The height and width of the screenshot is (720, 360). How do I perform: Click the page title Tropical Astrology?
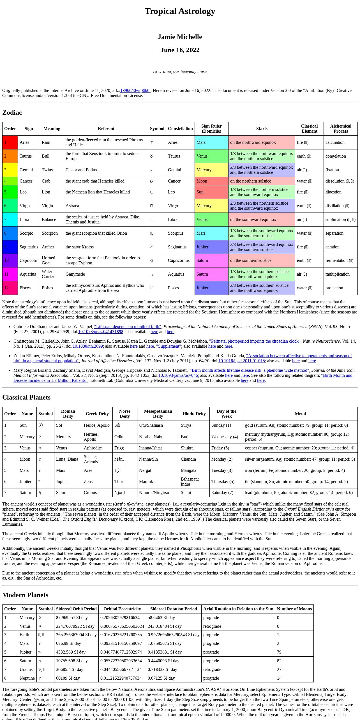coord(180,11)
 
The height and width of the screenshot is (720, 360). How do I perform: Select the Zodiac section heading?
coord(12,112)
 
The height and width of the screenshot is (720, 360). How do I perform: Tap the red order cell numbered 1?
coord(10,142)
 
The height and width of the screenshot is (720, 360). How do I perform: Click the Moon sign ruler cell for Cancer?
coord(211,181)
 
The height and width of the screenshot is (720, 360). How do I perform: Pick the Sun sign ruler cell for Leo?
coord(211,192)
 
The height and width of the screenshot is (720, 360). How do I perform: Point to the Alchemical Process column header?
coord(340,129)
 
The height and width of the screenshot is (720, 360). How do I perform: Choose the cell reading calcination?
coord(335,142)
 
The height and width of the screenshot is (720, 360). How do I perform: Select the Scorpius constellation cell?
coord(176,233)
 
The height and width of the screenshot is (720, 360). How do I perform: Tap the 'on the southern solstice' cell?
coord(251,260)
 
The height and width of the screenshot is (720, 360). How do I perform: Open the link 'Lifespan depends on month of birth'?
coord(128,327)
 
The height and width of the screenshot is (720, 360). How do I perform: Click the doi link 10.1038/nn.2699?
coord(87,346)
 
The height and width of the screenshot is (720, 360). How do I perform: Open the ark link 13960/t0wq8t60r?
coord(135,91)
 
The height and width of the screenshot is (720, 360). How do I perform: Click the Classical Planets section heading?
coord(26,397)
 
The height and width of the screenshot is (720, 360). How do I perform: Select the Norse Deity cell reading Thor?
coord(119,482)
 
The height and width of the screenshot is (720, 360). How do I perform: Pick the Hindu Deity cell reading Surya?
coord(186,425)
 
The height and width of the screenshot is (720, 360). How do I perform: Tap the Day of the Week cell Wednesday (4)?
coord(225,437)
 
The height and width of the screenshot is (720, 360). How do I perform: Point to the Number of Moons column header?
coord(294,609)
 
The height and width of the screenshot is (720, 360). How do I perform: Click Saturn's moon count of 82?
coord(279,661)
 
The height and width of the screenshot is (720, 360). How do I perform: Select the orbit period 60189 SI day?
coord(68,678)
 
